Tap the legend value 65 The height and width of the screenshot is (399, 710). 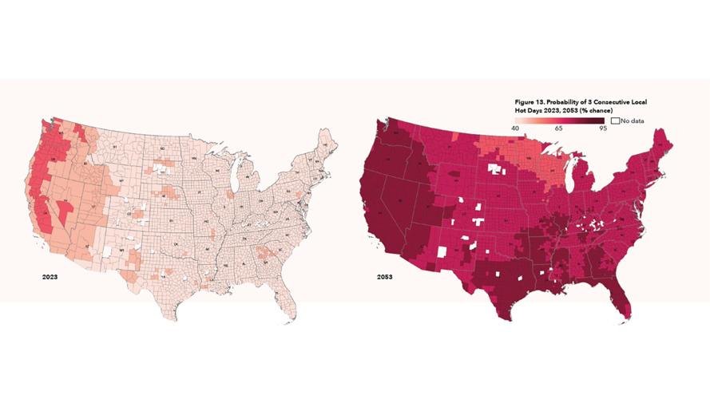click(559, 127)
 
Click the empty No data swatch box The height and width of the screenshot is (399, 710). click(615, 120)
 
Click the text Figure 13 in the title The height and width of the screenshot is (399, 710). click(530, 102)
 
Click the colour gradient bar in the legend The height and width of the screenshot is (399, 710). click(559, 120)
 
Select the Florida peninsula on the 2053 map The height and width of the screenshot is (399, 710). click(623, 296)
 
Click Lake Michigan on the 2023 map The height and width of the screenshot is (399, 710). click(236, 178)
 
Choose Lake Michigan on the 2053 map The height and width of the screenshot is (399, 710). click(571, 178)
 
